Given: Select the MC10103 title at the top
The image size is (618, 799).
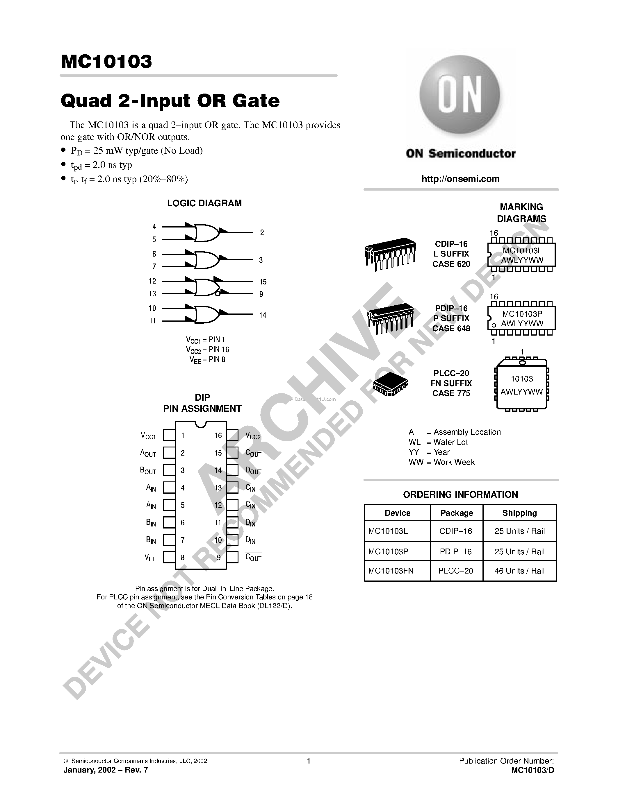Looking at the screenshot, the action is [106, 62].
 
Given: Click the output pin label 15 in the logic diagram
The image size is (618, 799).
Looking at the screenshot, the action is [263, 282].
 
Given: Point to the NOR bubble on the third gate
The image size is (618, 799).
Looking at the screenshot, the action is [218, 293].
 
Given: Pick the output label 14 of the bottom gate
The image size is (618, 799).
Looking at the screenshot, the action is [263, 315].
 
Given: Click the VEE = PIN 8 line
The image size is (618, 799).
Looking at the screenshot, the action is [207, 360].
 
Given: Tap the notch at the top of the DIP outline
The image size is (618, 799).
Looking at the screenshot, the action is [200, 424].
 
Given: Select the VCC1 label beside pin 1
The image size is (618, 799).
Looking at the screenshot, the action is [148, 435].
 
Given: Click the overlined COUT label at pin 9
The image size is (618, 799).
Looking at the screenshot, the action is [253, 558].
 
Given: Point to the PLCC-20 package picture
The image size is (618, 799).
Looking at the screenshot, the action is [390, 385].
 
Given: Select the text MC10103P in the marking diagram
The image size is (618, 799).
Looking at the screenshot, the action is [522, 314].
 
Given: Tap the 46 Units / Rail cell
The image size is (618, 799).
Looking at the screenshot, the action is [519, 571].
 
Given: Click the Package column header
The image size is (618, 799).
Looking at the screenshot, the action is [457, 513].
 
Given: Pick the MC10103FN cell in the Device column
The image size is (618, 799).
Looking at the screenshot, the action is [391, 571].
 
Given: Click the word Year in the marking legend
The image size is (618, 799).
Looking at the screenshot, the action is [441, 452].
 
